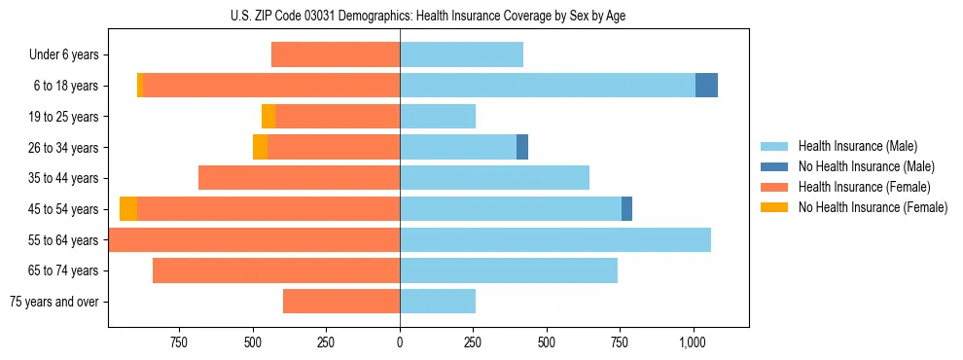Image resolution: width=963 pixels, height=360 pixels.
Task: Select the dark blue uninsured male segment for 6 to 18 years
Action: pos(706,86)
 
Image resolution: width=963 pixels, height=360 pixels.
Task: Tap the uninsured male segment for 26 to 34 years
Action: pos(522,147)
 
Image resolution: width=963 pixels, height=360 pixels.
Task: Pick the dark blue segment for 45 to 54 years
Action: pos(626,208)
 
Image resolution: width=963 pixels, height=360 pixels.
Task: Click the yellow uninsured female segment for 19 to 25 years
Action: pos(268,117)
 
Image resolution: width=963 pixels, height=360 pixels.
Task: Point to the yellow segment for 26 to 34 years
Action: pos(260,147)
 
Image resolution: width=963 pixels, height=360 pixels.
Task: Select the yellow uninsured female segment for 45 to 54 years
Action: pos(128,208)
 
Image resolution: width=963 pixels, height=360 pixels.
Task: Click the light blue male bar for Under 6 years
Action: pos(461,54)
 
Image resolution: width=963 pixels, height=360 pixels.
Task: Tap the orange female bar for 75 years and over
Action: pos(341,301)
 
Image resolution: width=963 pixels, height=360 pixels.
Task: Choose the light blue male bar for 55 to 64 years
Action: pos(554,239)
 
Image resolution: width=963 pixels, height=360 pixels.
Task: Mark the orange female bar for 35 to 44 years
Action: pos(299,178)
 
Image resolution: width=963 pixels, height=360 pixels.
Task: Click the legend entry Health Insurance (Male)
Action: pos(857,146)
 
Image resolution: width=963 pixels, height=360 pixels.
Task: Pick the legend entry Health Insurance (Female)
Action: pos(864,187)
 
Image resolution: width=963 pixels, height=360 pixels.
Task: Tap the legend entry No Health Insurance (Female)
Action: pos(873,207)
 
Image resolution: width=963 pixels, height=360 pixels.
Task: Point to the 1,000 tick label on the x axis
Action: pos(693,342)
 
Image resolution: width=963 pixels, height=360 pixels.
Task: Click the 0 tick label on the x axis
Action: pos(400,342)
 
